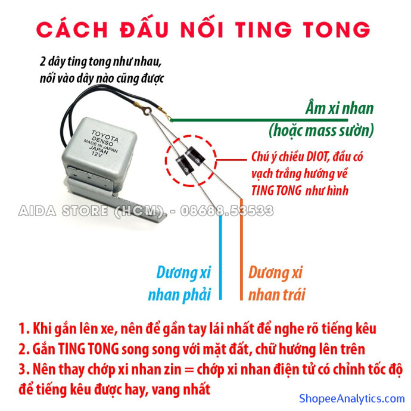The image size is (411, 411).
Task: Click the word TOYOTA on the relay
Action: (x=105, y=136)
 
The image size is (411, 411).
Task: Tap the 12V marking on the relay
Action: (x=96, y=154)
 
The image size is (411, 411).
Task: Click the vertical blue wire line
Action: (x=220, y=257)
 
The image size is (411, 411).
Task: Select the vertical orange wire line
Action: (x=241, y=249)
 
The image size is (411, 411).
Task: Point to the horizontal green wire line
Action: (x=259, y=120)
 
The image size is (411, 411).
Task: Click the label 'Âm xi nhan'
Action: (x=340, y=108)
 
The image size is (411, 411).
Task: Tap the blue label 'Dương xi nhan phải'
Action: (x=180, y=284)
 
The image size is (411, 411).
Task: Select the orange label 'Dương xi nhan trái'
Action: (x=277, y=284)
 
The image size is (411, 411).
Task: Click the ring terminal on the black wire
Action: (x=147, y=110)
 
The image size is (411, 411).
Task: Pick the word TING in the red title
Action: (x=263, y=29)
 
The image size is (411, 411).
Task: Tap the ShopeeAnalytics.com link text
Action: (x=352, y=398)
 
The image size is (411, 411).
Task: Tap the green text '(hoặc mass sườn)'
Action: (x=322, y=130)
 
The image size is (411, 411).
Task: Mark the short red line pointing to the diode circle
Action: (x=232, y=160)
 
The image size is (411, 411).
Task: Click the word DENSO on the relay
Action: (x=102, y=142)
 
